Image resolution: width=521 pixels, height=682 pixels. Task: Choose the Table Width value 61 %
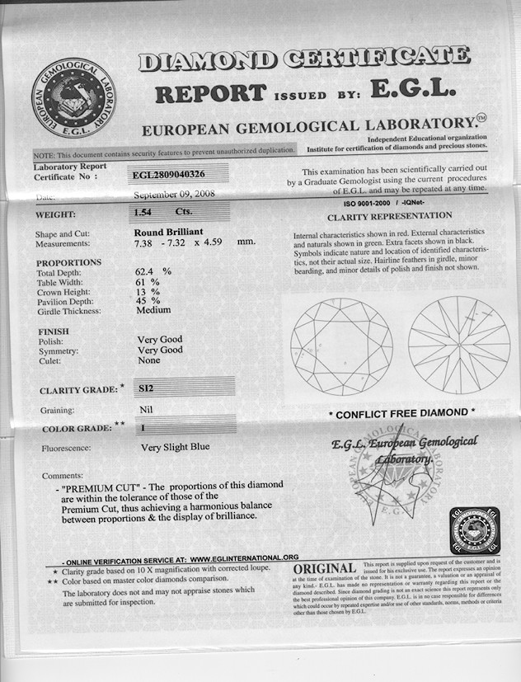[147, 281]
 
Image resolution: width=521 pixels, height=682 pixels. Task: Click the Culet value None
[149, 360]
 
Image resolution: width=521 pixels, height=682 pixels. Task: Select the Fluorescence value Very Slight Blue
[175, 447]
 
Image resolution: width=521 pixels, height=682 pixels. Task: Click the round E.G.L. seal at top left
[73, 97]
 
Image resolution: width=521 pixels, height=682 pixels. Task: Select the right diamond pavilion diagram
[458, 345]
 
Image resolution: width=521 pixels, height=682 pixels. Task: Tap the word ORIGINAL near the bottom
[325, 568]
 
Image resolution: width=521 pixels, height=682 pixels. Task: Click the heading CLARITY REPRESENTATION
[390, 217]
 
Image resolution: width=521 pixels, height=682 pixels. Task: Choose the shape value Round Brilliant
[168, 233]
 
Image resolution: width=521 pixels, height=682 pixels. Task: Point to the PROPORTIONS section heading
[69, 262]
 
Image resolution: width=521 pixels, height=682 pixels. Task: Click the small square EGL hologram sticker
[475, 531]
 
